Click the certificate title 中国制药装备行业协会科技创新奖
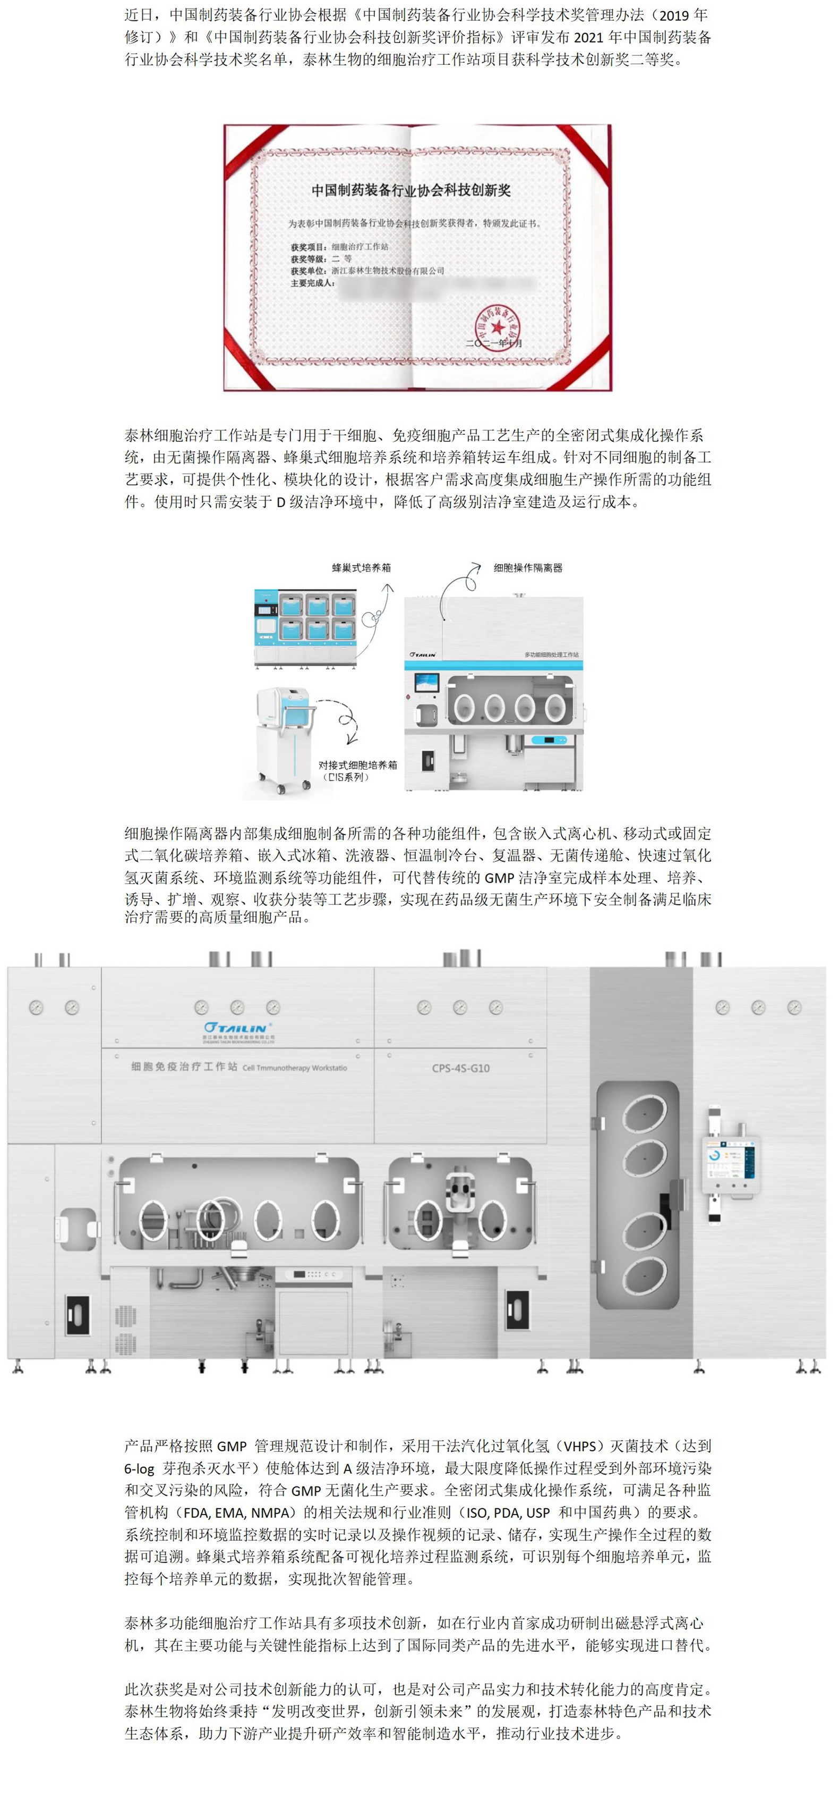pyautogui.click(x=411, y=190)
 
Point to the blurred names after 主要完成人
pyautogui.click(x=436, y=286)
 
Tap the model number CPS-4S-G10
pyautogui.click(x=460, y=1068)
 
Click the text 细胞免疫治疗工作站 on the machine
pyautogui.click(x=184, y=1066)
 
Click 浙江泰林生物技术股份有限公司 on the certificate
pyautogui.click(x=387, y=271)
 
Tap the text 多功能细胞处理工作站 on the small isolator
pyautogui.click(x=551, y=654)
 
